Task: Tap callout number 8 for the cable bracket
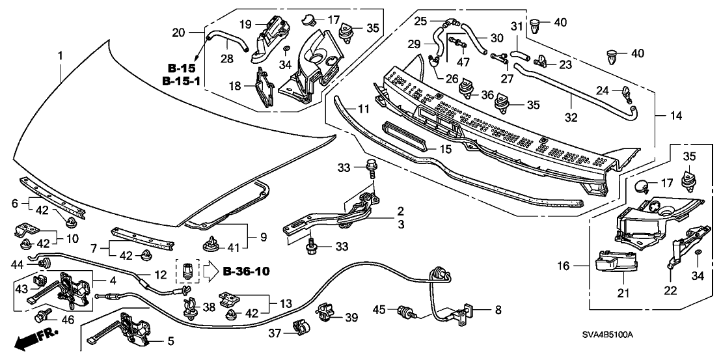pyautogui.click(x=498, y=310)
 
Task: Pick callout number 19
pyautogui.click(x=246, y=24)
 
